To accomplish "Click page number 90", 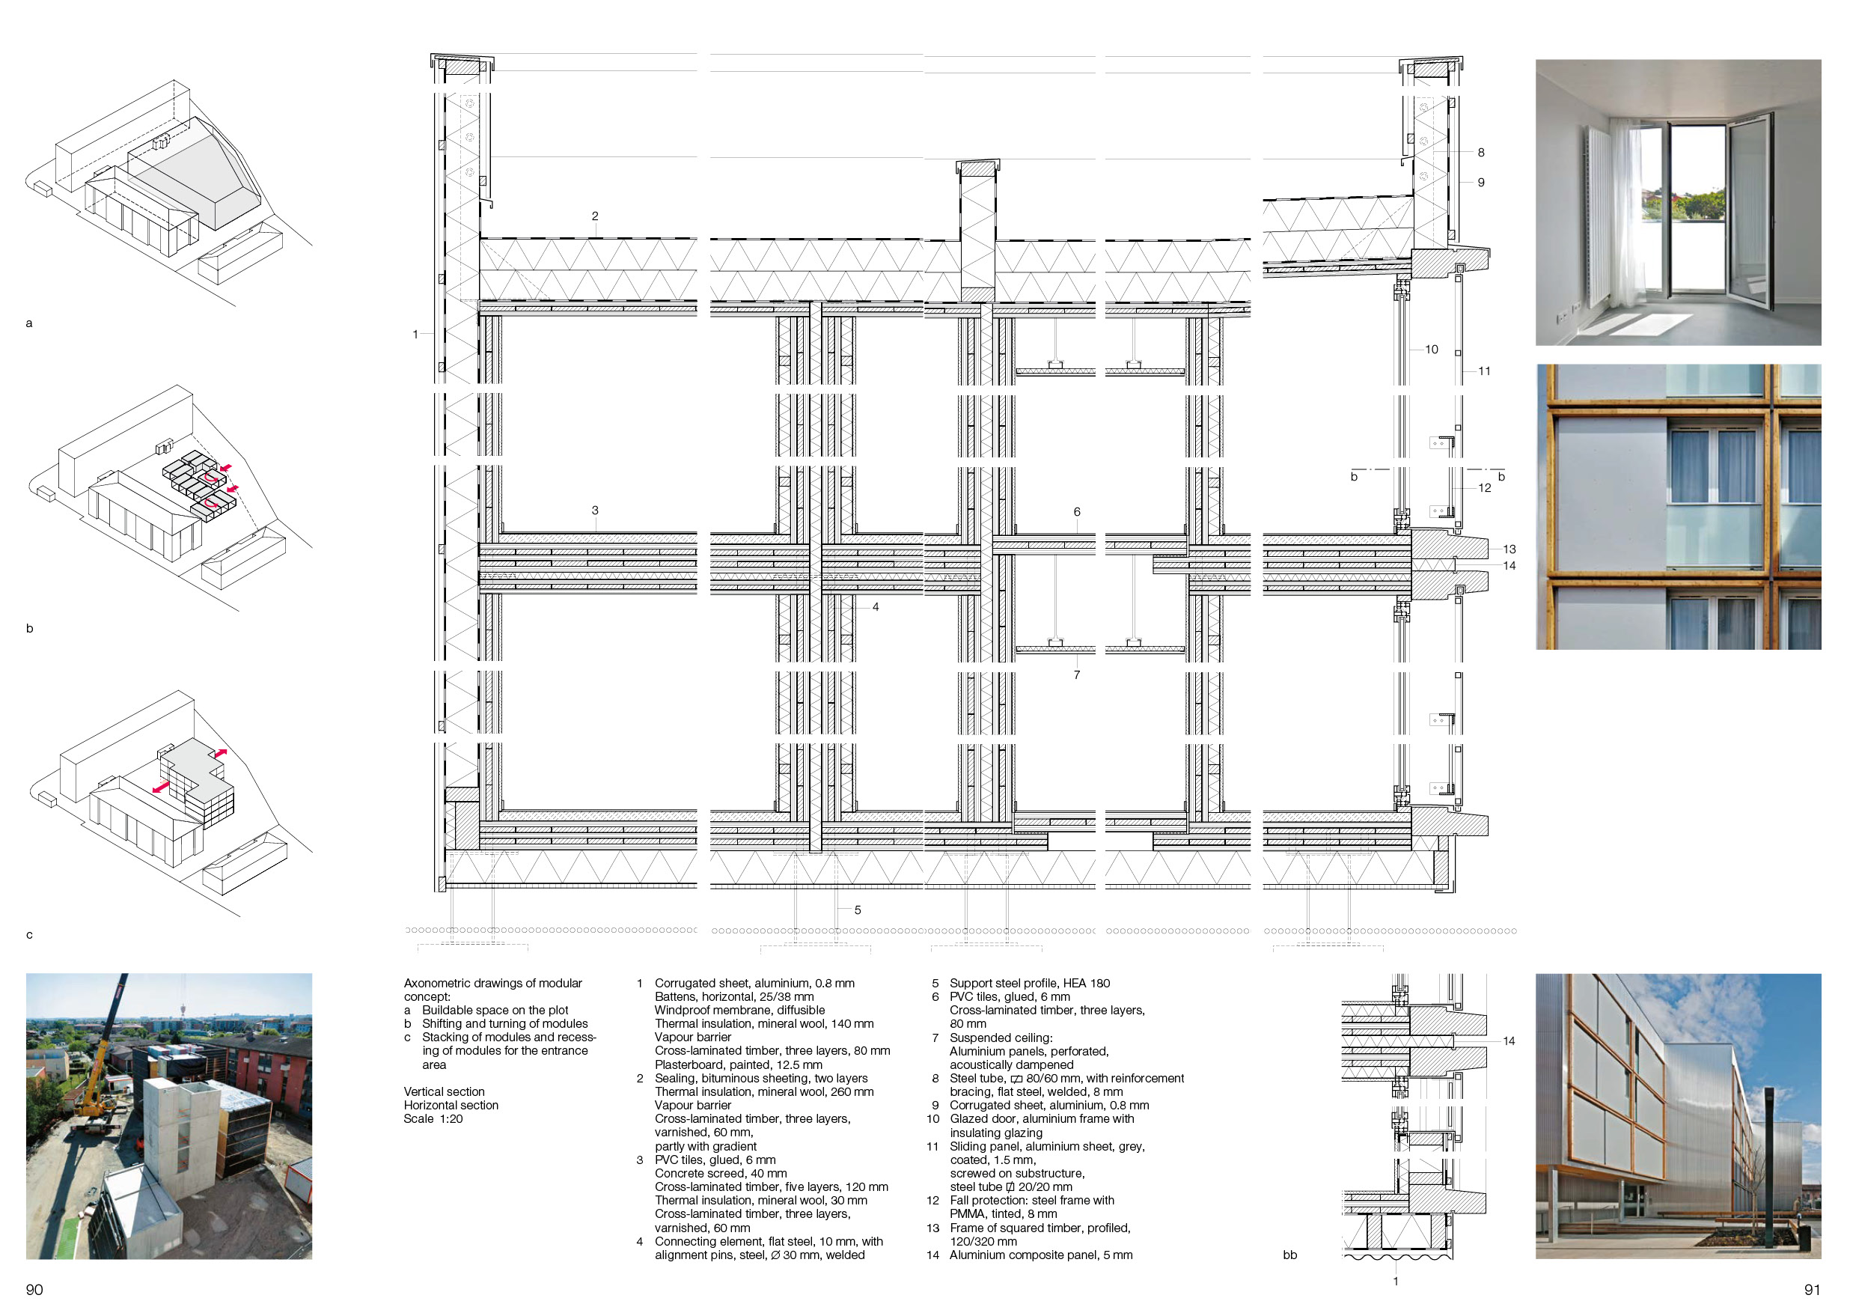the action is (x=34, y=1290).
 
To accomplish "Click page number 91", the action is (x=1813, y=1290).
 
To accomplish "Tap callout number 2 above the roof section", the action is (x=595, y=216).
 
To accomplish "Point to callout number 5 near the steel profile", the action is (x=858, y=910).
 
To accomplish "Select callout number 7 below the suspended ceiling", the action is (x=1077, y=675).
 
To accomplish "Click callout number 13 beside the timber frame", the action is (x=1509, y=549).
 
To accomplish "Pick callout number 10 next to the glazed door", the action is (x=1432, y=350).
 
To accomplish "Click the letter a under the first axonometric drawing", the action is (x=29, y=323).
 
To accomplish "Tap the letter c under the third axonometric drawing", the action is (x=29, y=935).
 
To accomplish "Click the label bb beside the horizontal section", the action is (x=1290, y=1255).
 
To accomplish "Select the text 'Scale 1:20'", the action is (x=433, y=1119).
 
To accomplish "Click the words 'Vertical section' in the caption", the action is (x=444, y=1091).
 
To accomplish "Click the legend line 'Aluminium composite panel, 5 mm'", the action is (x=1041, y=1255).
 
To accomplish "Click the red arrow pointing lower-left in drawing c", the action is (x=161, y=787).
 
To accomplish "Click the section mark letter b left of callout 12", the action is (x=1354, y=477).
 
